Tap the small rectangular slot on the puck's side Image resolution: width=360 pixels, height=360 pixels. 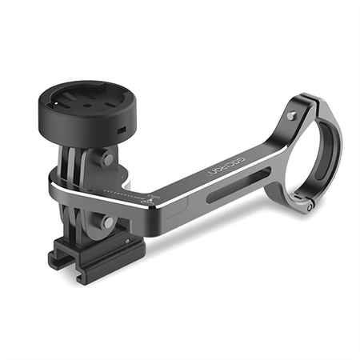pos(121,128)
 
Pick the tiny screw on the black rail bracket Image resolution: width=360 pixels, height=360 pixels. pos(122,240)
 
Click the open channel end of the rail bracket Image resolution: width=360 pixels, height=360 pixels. pos(61,257)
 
